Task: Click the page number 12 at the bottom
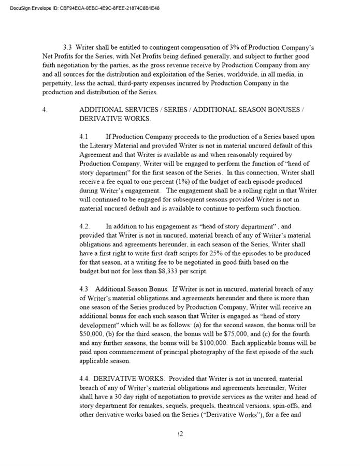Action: (x=180, y=434)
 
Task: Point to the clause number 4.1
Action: (x=84, y=137)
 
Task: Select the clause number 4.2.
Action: (x=85, y=226)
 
